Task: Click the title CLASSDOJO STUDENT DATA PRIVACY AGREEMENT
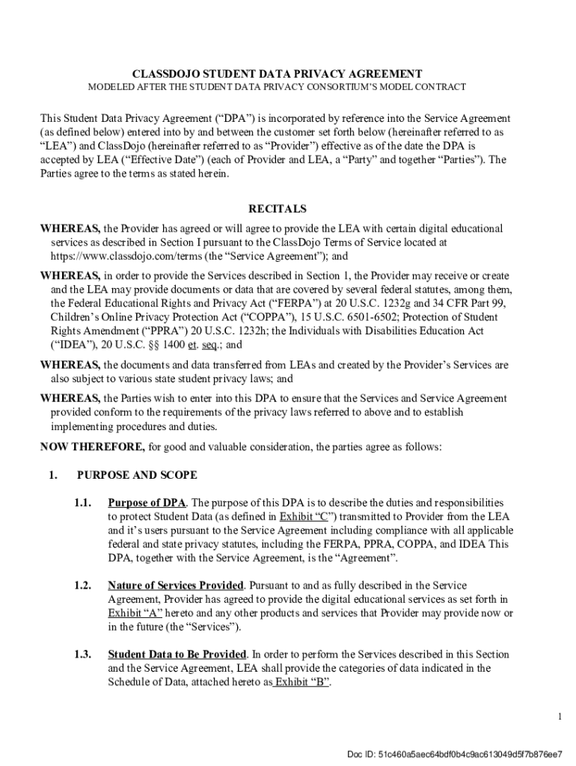point(278,74)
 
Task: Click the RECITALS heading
point(277,209)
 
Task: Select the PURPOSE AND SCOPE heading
point(137,475)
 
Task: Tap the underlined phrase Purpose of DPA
point(147,503)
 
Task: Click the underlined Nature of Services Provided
point(176,585)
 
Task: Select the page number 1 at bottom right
point(559,717)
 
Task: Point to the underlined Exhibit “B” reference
point(302,681)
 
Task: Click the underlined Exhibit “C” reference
point(307,517)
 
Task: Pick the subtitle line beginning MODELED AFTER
point(277,88)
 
